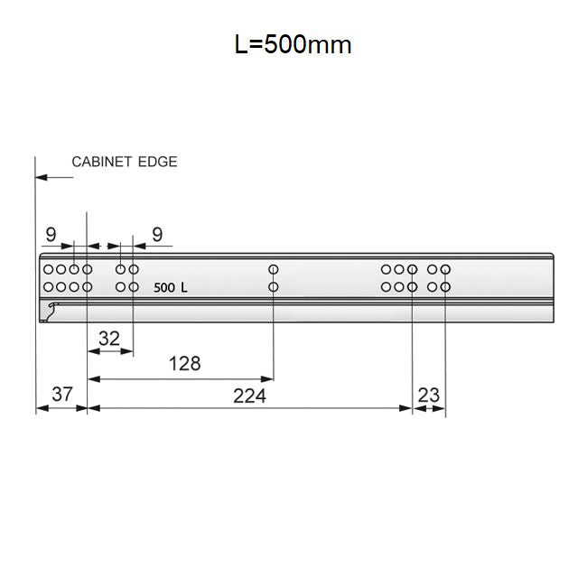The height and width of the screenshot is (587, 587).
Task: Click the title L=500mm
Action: (x=293, y=44)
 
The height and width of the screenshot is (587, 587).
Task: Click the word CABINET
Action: (x=101, y=162)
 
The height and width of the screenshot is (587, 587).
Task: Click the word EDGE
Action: (x=158, y=162)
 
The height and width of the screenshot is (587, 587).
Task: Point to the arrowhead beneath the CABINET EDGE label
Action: (x=42, y=177)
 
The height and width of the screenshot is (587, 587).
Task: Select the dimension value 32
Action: (x=109, y=339)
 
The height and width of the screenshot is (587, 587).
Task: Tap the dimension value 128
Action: (x=184, y=364)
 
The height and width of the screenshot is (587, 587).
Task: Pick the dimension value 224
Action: (x=249, y=396)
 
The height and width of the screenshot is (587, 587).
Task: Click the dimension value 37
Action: (x=62, y=395)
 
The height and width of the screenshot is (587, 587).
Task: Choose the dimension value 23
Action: (x=428, y=395)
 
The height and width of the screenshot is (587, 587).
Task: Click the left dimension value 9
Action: (x=51, y=235)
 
